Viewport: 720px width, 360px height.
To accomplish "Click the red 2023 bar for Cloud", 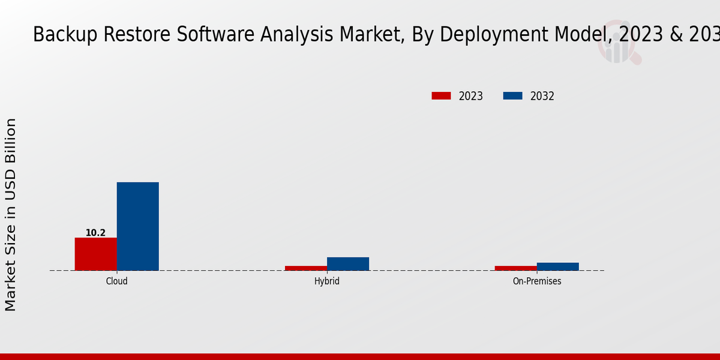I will pyautogui.click(x=95, y=254).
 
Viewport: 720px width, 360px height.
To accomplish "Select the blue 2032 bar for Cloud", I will pyautogui.click(x=137, y=226).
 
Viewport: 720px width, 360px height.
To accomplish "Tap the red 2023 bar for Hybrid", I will pyautogui.click(x=306, y=268).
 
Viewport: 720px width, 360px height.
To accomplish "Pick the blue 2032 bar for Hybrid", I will pyautogui.click(x=348, y=264).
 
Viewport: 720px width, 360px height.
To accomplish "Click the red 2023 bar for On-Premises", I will pyautogui.click(x=516, y=268).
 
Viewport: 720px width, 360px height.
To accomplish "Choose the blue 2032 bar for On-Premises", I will pyautogui.click(x=558, y=266).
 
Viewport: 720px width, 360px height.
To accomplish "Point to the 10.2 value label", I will pyautogui.click(x=95, y=233).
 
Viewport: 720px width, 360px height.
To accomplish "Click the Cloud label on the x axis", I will pyautogui.click(x=116, y=281).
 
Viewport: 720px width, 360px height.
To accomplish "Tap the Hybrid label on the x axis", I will pyautogui.click(x=327, y=281).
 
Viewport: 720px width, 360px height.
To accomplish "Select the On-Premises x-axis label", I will pyautogui.click(x=537, y=281).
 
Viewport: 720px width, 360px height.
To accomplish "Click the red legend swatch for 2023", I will pyautogui.click(x=441, y=96).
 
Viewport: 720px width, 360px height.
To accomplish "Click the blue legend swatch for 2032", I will pyautogui.click(x=512, y=96).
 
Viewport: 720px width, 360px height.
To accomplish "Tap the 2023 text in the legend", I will pyautogui.click(x=471, y=96).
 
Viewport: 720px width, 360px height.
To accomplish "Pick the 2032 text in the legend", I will pyautogui.click(x=542, y=96).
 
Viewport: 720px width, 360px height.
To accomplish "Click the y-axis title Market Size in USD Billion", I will pyautogui.click(x=11, y=215).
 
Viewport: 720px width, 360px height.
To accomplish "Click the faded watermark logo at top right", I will pyautogui.click(x=618, y=45).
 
